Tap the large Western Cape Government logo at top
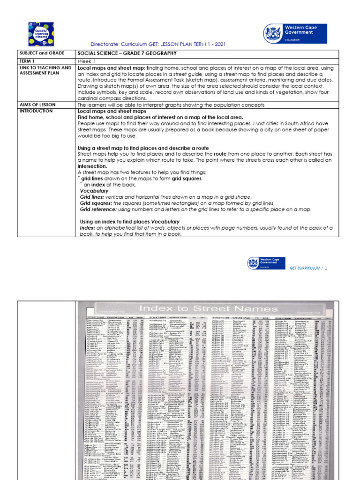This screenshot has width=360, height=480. (x=295, y=33)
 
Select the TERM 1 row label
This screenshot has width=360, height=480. (x=27, y=61)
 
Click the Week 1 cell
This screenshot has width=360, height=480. (x=86, y=61)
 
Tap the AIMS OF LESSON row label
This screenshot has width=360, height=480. (x=37, y=104)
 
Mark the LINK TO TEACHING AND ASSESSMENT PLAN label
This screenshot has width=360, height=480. (x=45, y=71)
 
